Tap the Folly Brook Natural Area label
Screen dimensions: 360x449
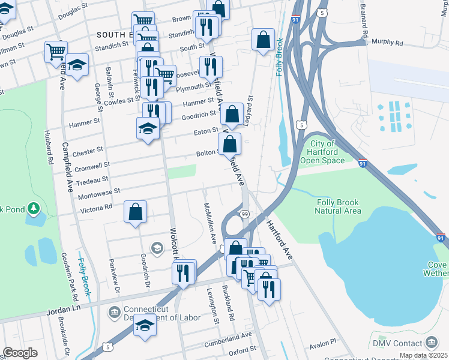pos(339,206)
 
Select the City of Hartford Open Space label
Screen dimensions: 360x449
pos(327,152)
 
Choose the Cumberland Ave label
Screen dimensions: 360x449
pos(226,339)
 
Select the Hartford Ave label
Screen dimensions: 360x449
pos(279,239)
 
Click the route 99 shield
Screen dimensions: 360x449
pos(244,214)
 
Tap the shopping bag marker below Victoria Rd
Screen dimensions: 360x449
pos(136,211)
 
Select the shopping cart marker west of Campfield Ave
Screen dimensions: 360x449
pos(55,51)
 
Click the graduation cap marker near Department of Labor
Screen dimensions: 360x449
pos(145,325)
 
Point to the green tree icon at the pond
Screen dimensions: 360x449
pos(34,209)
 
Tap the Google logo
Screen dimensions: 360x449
pos(20,352)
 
